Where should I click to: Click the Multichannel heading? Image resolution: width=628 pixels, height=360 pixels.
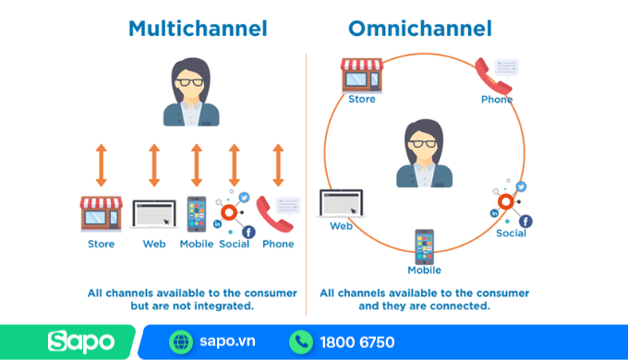pos(198,29)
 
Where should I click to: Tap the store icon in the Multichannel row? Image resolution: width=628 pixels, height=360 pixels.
pos(101,213)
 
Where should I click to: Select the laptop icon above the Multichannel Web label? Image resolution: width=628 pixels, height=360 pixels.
pos(153,214)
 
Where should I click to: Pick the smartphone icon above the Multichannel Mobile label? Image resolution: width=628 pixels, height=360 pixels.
pos(197,213)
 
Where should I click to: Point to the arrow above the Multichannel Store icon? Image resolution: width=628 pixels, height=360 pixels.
pos(101,165)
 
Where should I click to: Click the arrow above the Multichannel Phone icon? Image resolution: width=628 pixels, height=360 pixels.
pos(277,165)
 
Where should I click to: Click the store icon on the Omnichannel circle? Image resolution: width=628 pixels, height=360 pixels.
pos(361,75)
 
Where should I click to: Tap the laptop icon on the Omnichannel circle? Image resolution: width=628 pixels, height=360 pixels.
pos(341,204)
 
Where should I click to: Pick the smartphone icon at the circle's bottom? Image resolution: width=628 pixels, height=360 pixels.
pos(424,246)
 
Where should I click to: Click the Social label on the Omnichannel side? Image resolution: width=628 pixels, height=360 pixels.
pos(511,234)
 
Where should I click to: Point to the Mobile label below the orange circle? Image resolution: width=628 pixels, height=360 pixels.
pos(425,270)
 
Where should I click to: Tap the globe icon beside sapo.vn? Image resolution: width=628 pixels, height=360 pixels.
pos(182,342)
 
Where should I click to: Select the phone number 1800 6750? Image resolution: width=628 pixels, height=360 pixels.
pos(356,342)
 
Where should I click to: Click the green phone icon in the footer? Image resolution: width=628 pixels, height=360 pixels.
pos(300,342)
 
